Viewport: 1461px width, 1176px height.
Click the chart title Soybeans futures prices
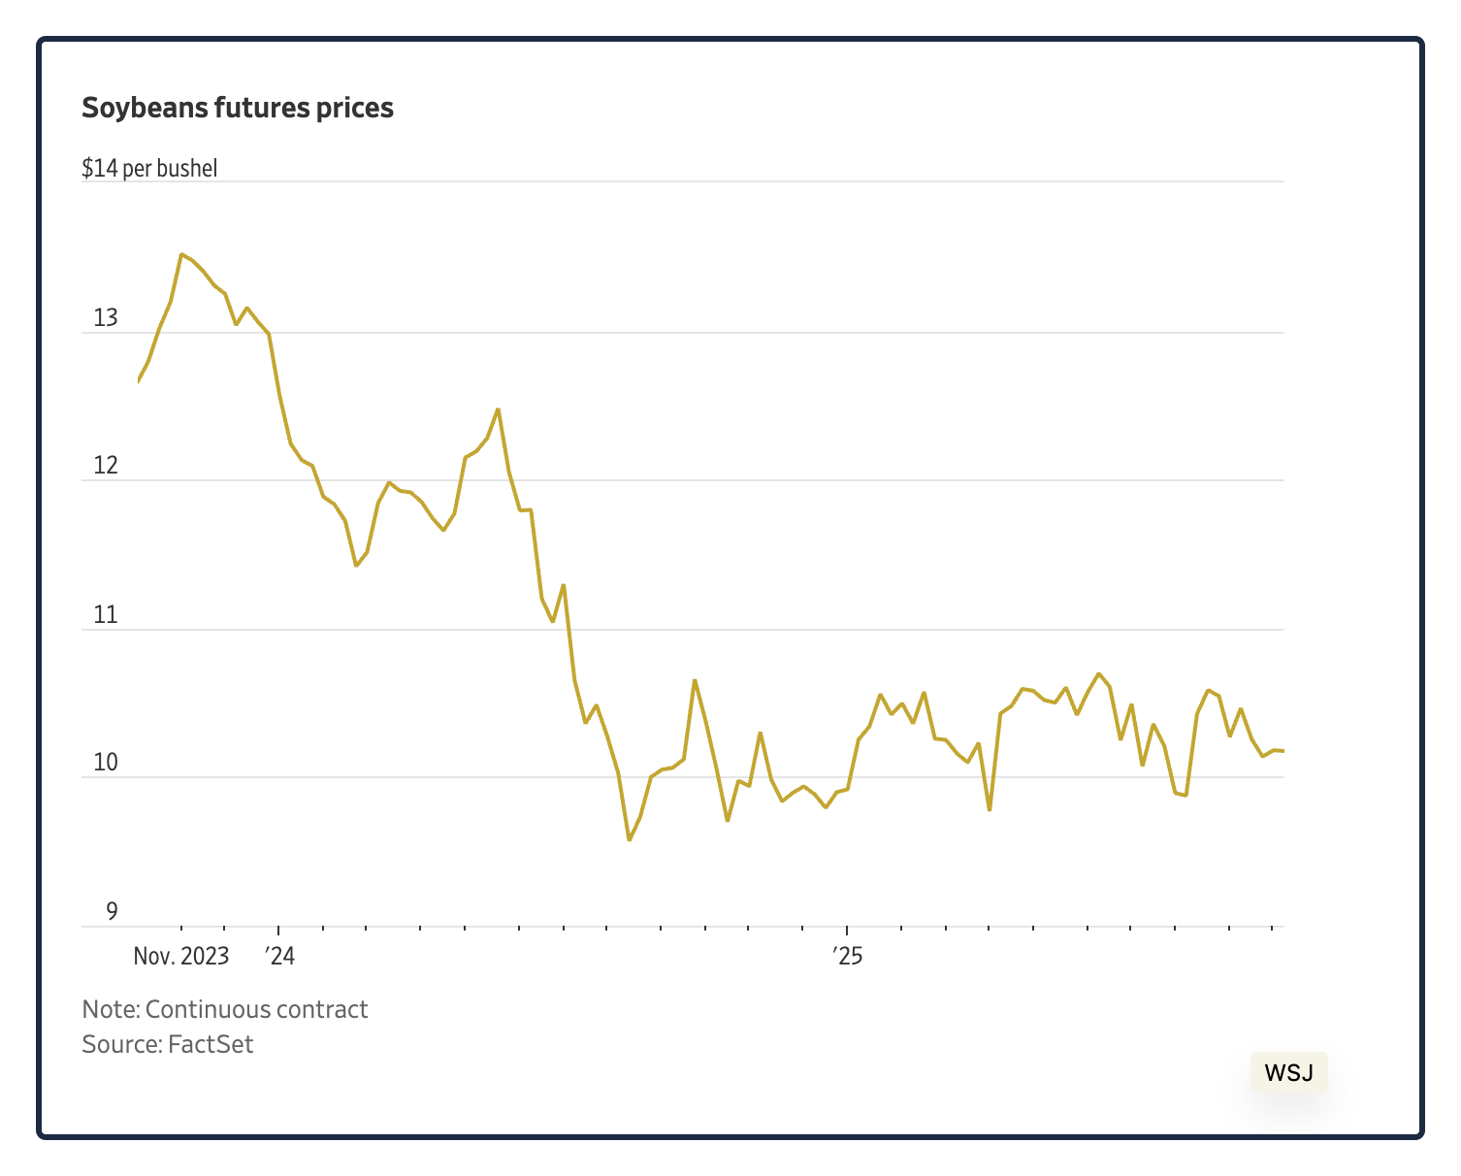238,108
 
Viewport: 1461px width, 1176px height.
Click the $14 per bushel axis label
149,168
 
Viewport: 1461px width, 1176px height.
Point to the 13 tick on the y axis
105,317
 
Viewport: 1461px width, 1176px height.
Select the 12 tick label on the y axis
105,466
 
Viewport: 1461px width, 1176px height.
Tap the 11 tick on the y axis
105,614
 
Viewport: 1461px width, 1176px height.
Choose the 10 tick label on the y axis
105,763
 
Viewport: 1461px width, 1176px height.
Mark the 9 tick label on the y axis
112,911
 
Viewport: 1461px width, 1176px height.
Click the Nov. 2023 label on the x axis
181,956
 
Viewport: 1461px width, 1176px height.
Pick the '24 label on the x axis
279,956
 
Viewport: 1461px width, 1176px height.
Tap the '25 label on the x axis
848,956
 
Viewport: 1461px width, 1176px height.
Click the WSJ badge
1288,1072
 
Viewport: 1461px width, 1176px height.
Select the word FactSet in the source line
211,1044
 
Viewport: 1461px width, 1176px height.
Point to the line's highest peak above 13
181,254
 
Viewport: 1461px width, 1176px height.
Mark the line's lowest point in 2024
630,839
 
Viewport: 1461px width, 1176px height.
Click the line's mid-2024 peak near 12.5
498,409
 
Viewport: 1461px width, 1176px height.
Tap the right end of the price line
1282,751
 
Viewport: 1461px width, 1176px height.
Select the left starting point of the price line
139,381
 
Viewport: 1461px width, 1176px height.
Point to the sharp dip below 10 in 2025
989,809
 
